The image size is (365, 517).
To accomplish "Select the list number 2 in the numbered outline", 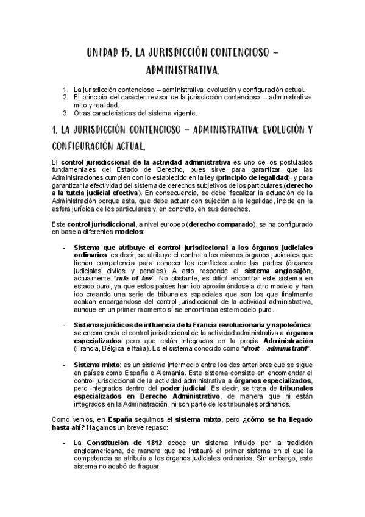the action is tap(65, 97).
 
